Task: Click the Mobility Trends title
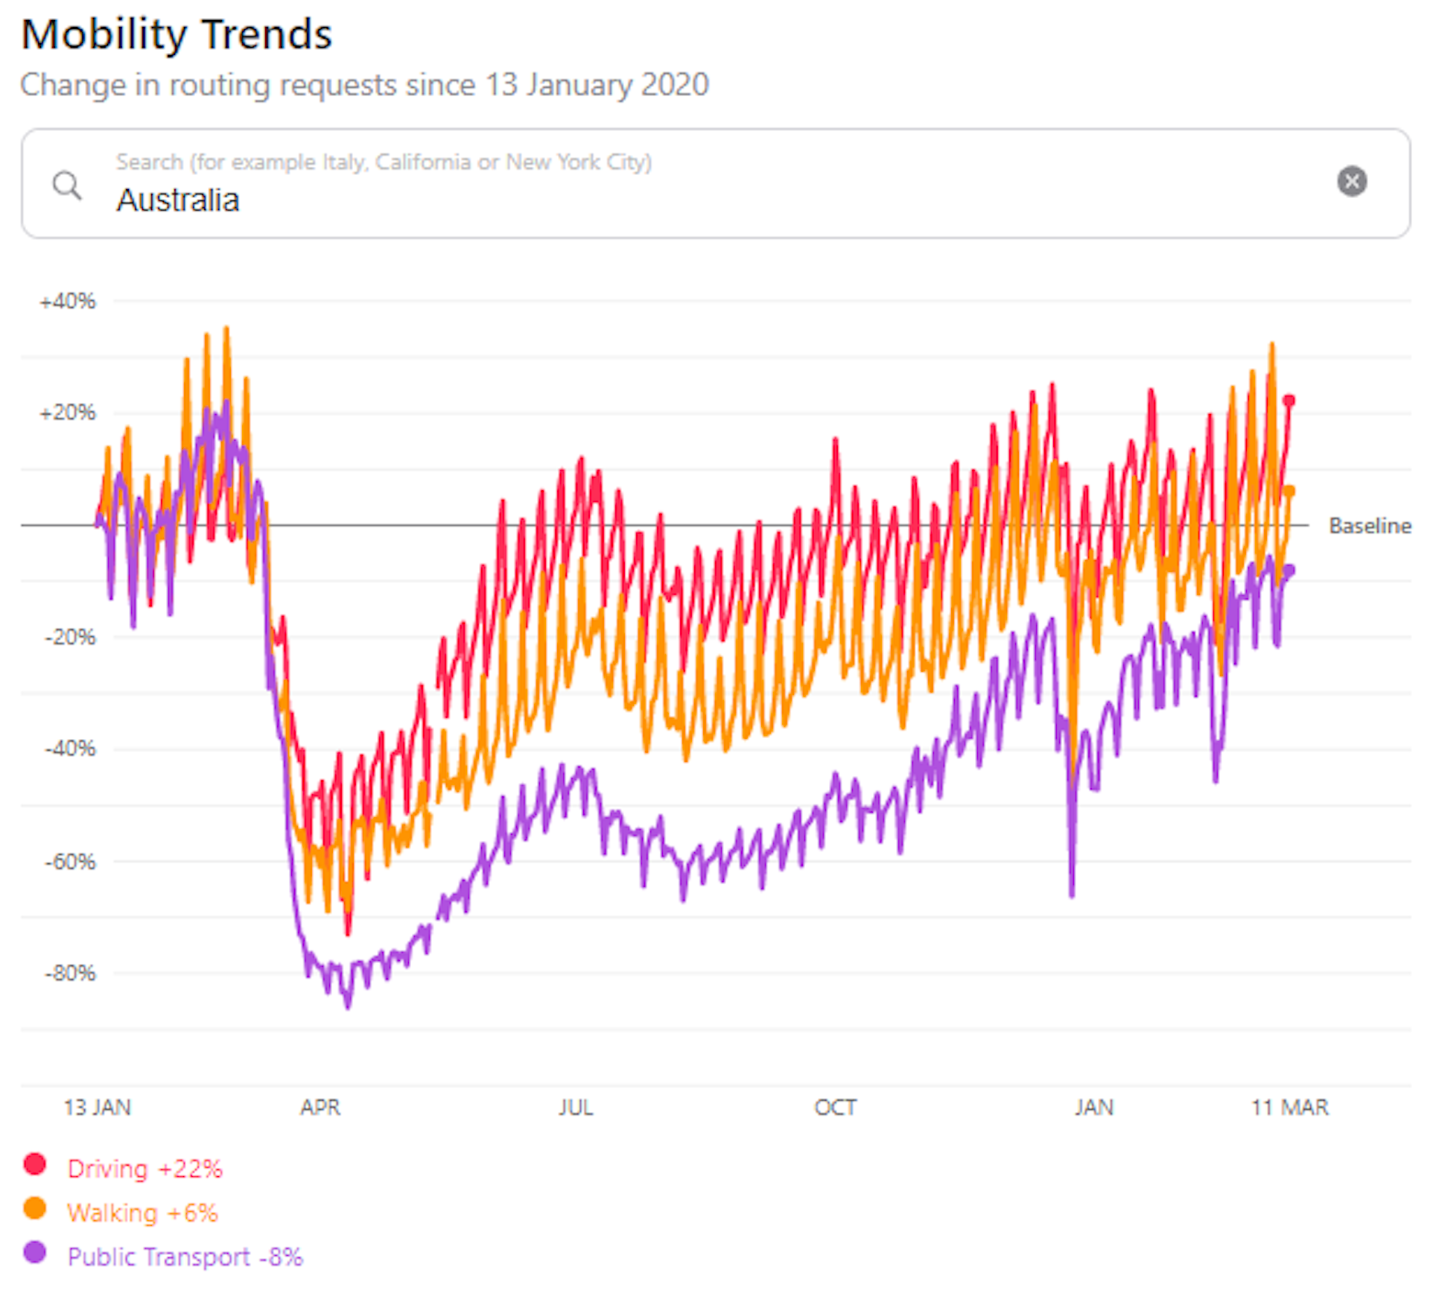(x=177, y=35)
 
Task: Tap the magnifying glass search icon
(x=67, y=185)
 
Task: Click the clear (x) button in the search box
(x=1351, y=181)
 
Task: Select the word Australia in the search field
(x=178, y=200)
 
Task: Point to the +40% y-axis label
(x=68, y=302)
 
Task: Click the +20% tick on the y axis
(x=68, y=413)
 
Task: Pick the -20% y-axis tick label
(x=70, y=637)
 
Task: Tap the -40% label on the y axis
(x=70, y=749)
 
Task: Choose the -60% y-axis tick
(x=70, y=862)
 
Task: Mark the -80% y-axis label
(x=70, y=973)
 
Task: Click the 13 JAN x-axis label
(x=97, y=1108)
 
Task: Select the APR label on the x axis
(x=320, y=1108)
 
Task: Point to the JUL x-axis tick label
(x=576, y=1108)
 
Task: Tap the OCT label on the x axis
(x=835, y=1108)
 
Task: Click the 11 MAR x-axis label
(x=1289, y=1108)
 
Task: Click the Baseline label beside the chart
(x=1370, y=526)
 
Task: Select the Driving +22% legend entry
(x=144, y=1169)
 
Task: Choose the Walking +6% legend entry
(x=142, y=1213)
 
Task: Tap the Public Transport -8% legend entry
(x=185, y=1257)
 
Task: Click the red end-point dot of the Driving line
(x=1288, y=401)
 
